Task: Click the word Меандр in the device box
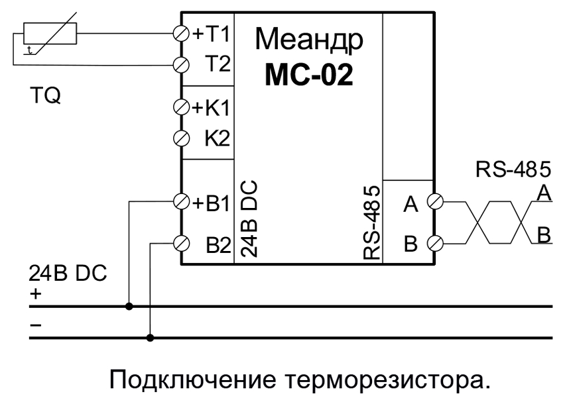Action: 309,41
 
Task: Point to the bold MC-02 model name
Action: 309,75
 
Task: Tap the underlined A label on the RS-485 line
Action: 544,193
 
